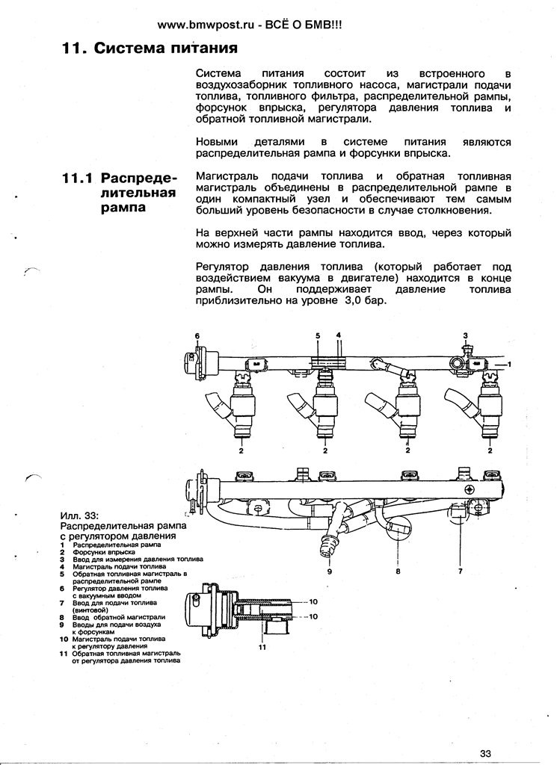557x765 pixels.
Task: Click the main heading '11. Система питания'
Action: pyautogui.click(x=150, y=50)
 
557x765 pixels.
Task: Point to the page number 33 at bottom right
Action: pyautogui.click(x=487, y=752)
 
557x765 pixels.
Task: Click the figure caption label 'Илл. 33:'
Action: pyautogui.click(x=79, y=515)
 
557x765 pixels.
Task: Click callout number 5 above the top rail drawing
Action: pyautogui.click(x=317, y=336)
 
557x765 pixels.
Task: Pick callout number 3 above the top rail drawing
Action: pyautogui.click(x=465, y=335)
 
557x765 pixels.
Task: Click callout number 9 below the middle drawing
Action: pyautogui.click(x=328, y=571)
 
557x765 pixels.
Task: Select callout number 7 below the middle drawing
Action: pyautogui.click(x=461, y=571)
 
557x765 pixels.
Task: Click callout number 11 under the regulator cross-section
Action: pyautogui.click(x=262, y=647)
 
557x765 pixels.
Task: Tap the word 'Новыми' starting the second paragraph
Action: pyautogui.click(x=216, y=141)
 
